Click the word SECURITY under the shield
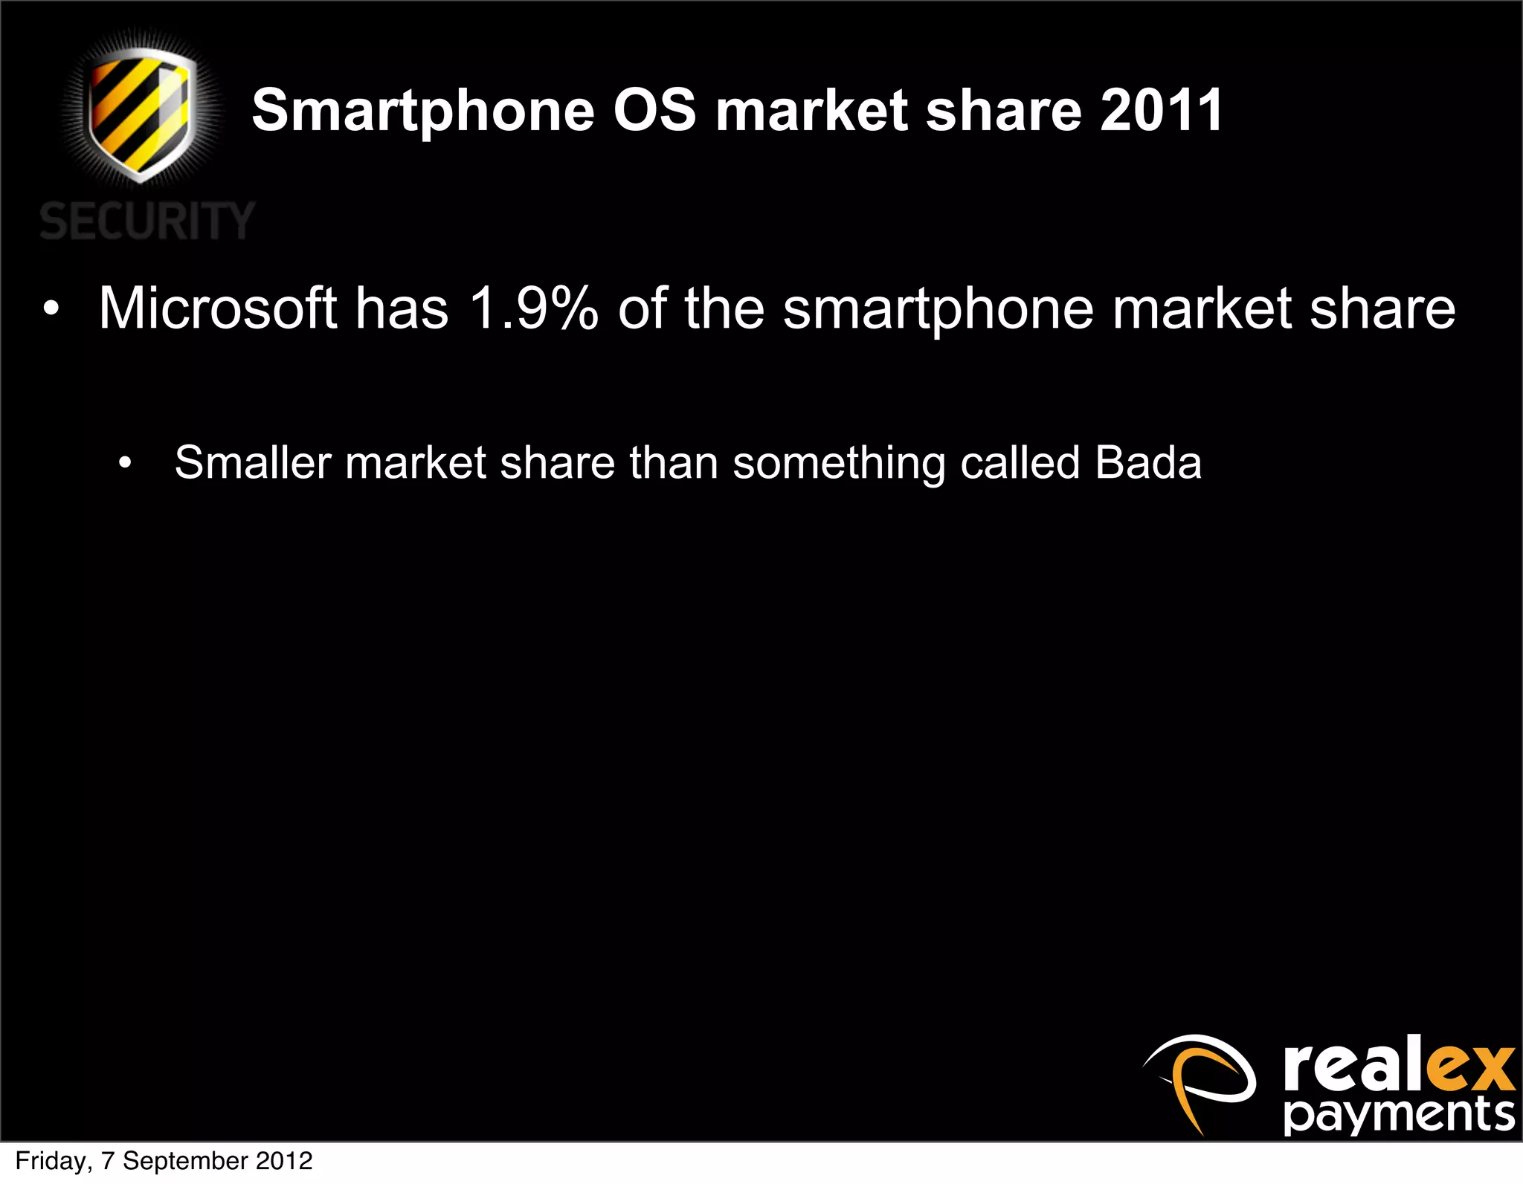click(x=146, y=221)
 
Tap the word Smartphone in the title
click(x=422, y=111)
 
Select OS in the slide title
click(x=654, y=110)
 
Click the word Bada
click(x=1148, y=462)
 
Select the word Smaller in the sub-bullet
click(x=252, y=462)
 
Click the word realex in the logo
click(x=1398, y=1067)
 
